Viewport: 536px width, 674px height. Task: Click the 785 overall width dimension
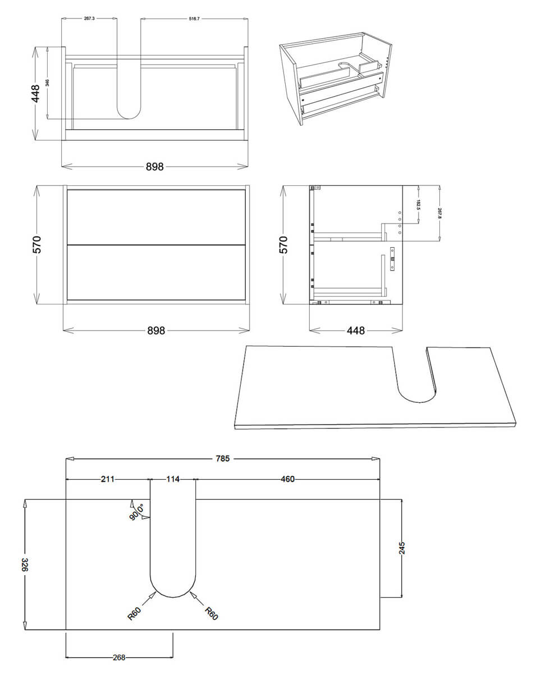tap(223, 459)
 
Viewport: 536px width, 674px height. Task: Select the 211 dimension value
tap(108, 479)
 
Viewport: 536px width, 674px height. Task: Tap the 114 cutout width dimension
tap(173, 479)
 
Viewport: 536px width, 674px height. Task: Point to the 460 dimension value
tap(287, 479)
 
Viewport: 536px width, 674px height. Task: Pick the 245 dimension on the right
tap(402, 548)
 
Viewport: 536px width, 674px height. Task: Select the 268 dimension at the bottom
tap(120, 657)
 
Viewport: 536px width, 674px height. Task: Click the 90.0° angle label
tap(137, 512)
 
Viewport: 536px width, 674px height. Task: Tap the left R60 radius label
tap(135, 614)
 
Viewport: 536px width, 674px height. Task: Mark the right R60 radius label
tap(211, 613)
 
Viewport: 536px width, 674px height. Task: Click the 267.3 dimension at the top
tap(89, 19)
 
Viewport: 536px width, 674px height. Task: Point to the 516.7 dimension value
tap(194, 19)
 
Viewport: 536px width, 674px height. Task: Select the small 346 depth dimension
tap(48, 83)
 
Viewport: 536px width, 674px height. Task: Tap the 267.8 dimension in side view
tap(439, 213)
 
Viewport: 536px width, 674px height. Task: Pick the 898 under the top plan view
tap(155, 166)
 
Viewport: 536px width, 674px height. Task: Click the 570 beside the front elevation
tap(37, 245)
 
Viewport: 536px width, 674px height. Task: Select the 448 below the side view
tap(356, 330)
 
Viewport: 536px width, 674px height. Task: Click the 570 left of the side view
tap(284, 245)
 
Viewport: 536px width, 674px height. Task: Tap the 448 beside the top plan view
tap(36, 93)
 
